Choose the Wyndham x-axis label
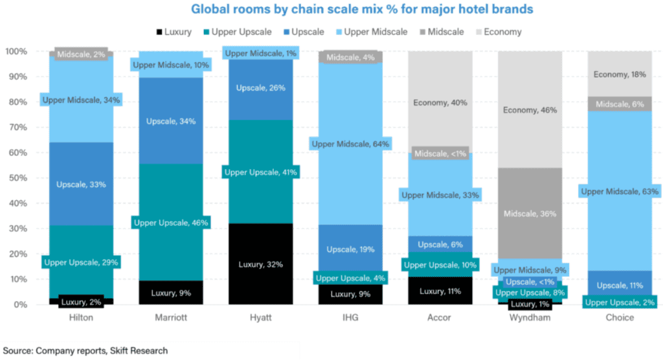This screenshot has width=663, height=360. coord(530,318)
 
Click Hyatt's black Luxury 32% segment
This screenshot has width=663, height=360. coord(260,264)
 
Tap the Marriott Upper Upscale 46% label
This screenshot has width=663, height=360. coord(170,223)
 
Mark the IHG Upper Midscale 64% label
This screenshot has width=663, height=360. coord(350,144)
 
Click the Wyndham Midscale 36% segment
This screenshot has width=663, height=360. coord(530,214)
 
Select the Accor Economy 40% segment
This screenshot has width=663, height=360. coord(440,102)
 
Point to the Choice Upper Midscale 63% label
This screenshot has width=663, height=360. coord(620,192)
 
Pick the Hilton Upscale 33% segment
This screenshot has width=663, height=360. coord(81,185)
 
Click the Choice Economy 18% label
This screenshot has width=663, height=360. coord(620,74)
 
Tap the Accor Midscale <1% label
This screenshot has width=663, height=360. coord(440,153)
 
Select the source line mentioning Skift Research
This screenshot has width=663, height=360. coord(85,350)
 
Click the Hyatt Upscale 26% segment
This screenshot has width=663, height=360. coord(260,88)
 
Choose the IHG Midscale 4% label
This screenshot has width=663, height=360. coord(350,58)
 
